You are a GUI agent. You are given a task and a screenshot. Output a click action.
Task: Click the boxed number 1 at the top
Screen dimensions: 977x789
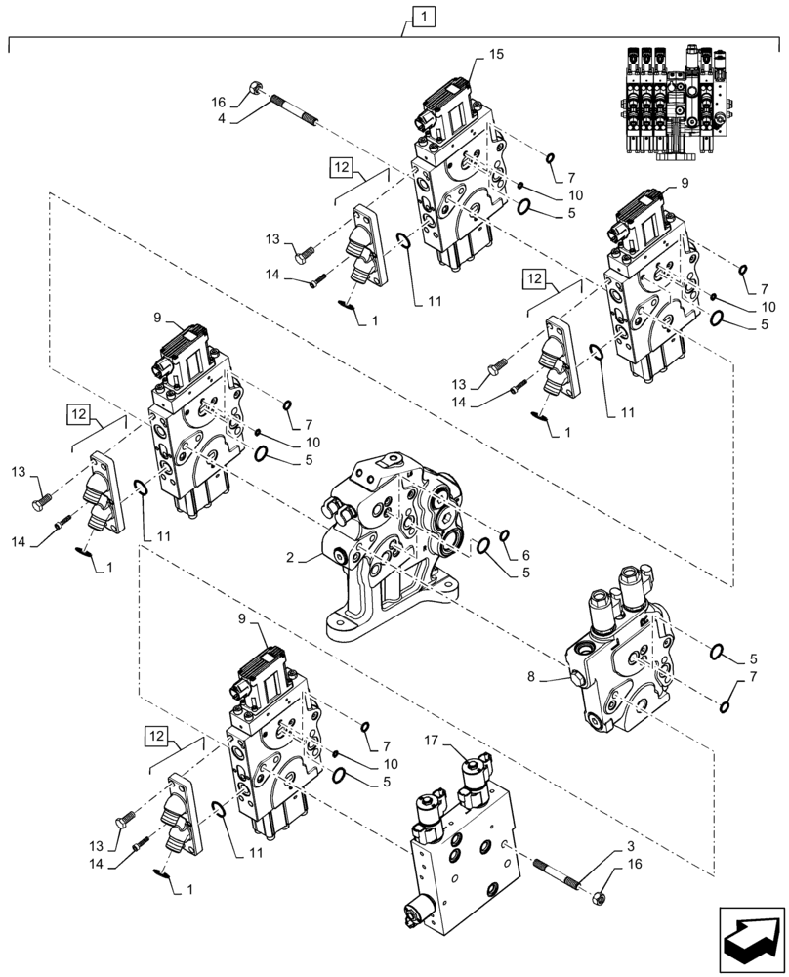(x=425, y=16)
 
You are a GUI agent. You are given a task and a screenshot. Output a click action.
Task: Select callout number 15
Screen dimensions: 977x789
(x=496, y=55)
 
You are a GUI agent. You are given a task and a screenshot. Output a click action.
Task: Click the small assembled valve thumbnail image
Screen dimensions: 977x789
(x=681, y=99)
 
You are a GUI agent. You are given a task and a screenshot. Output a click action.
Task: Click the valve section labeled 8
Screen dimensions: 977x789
(x=620, y=664)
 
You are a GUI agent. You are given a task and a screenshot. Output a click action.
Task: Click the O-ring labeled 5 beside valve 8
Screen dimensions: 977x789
(x=716, y=652)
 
